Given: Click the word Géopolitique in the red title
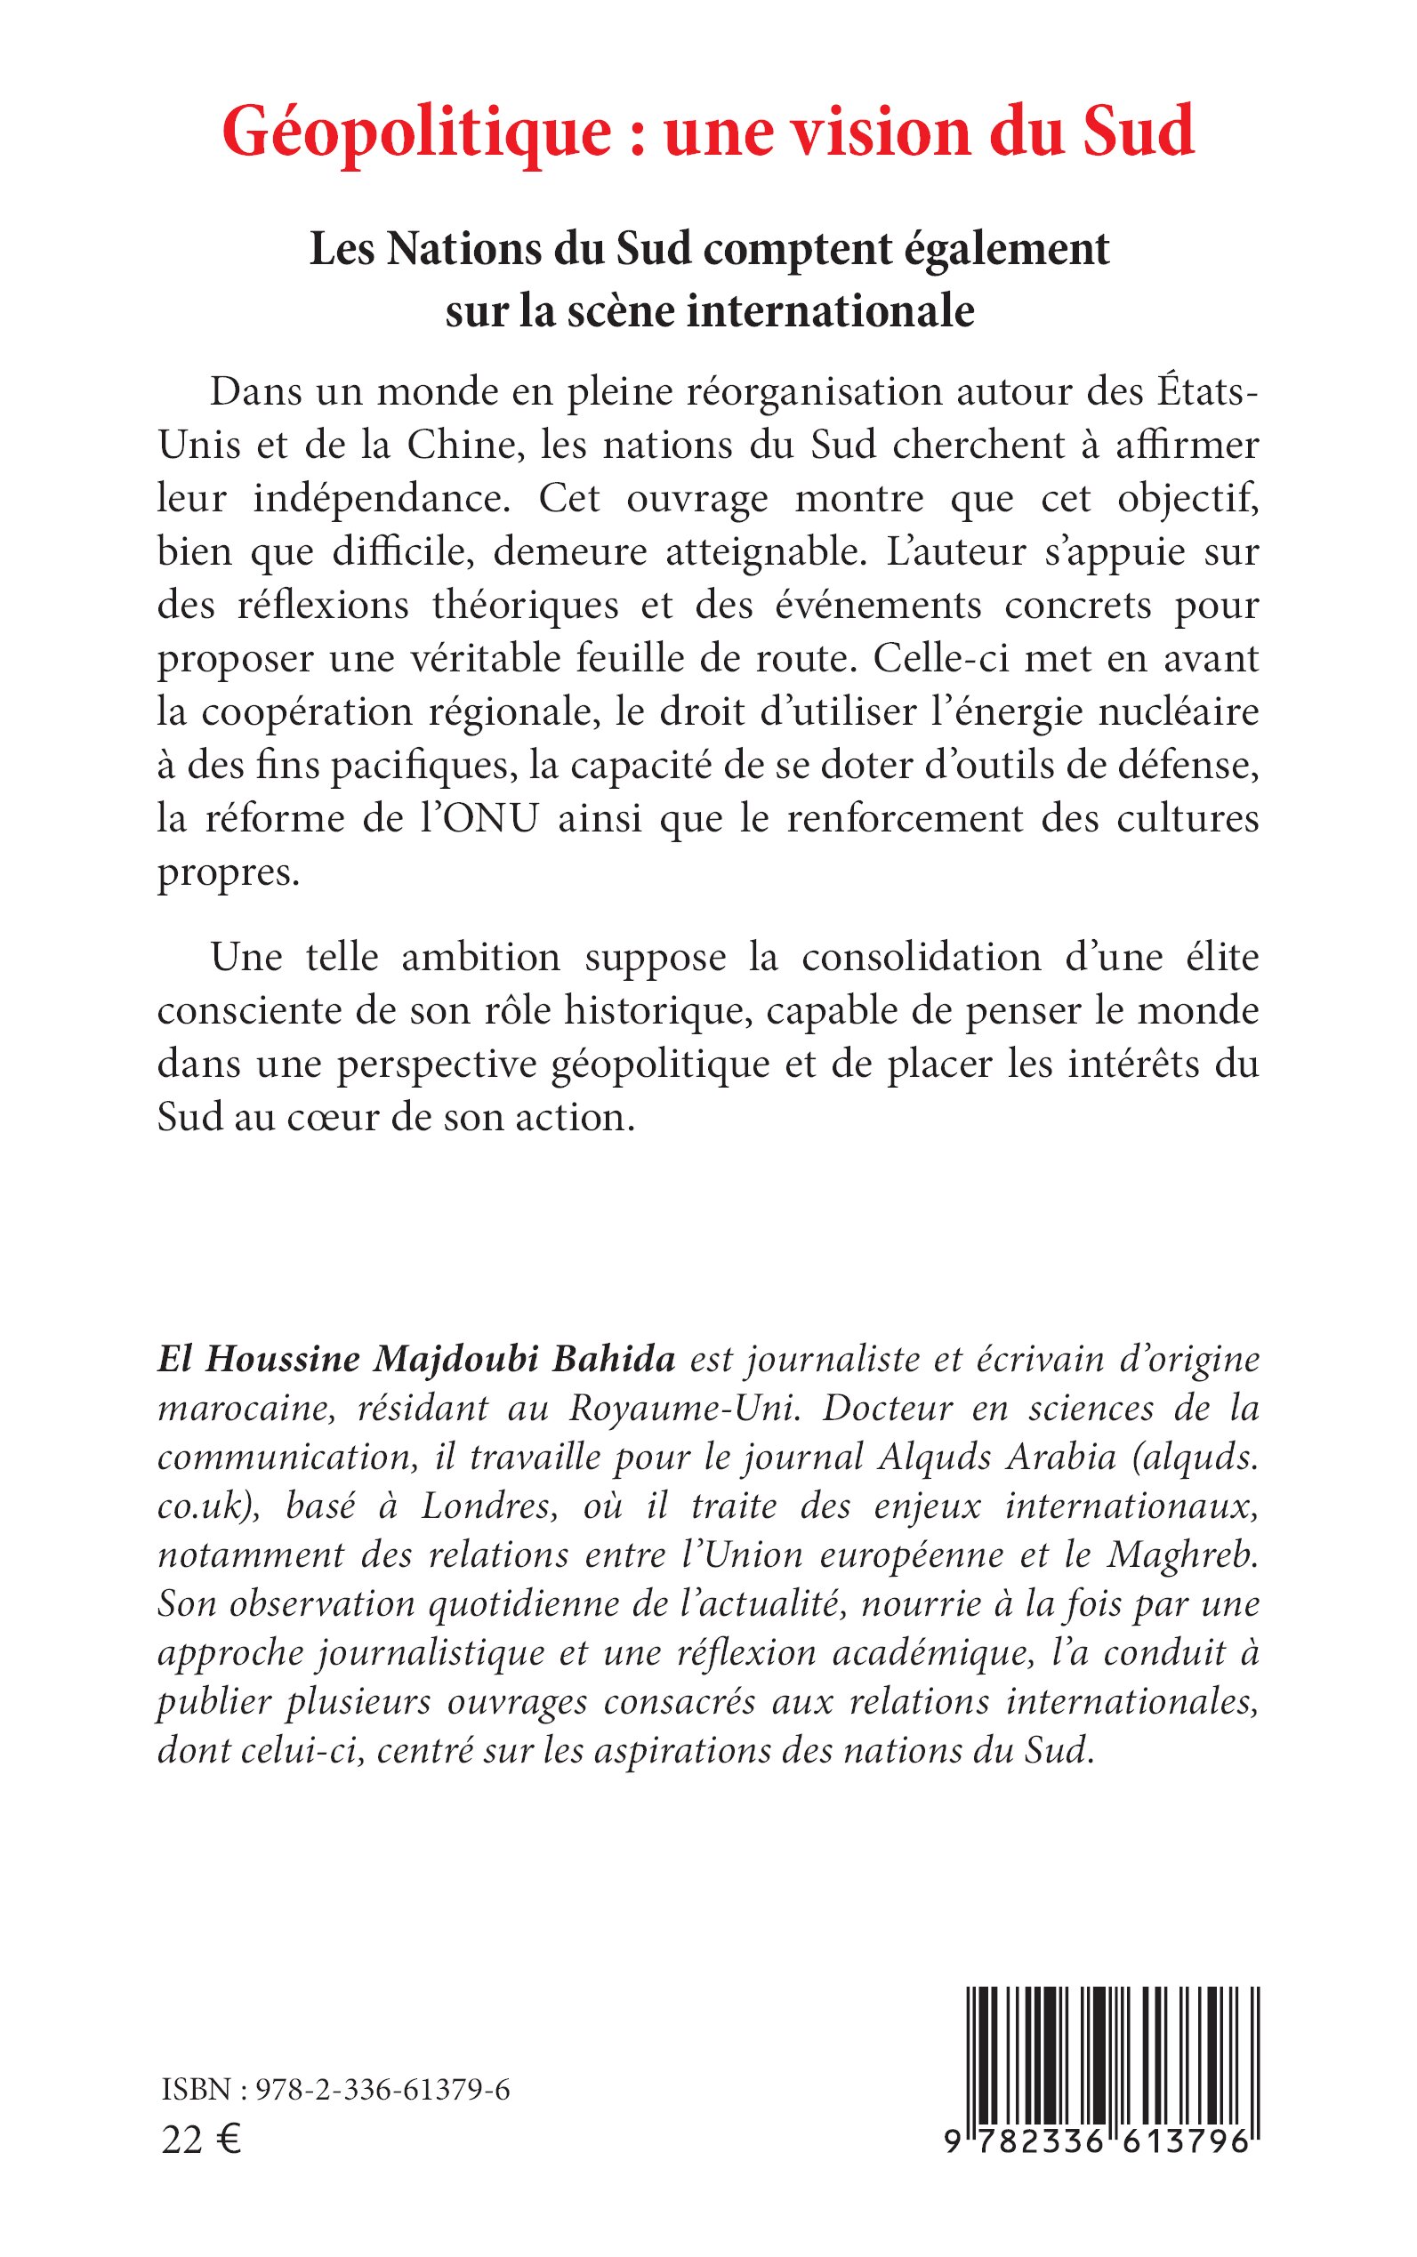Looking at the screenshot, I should (416, 134).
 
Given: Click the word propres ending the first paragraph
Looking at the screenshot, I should (228, 874).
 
